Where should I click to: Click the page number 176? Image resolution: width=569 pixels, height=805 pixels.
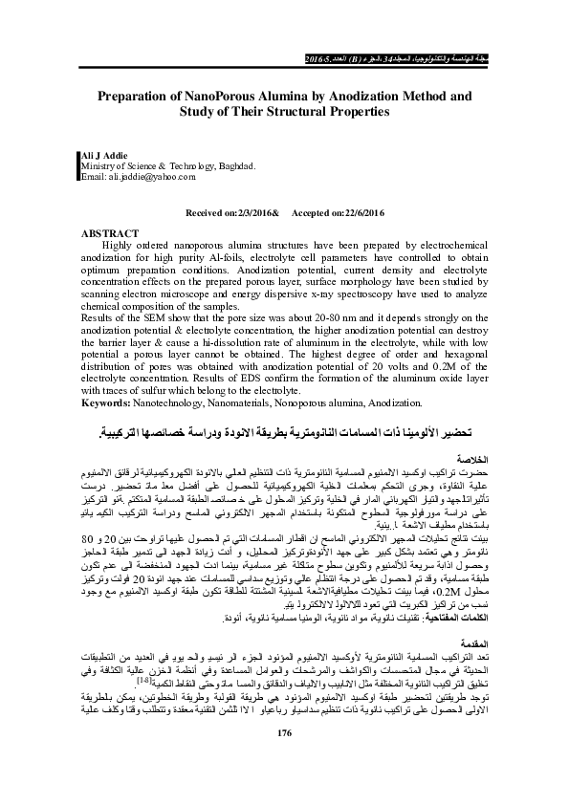coord(282,760)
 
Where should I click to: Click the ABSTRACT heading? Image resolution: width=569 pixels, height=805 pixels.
coord(111,232)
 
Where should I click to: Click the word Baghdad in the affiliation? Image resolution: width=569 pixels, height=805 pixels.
coord(235,165)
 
